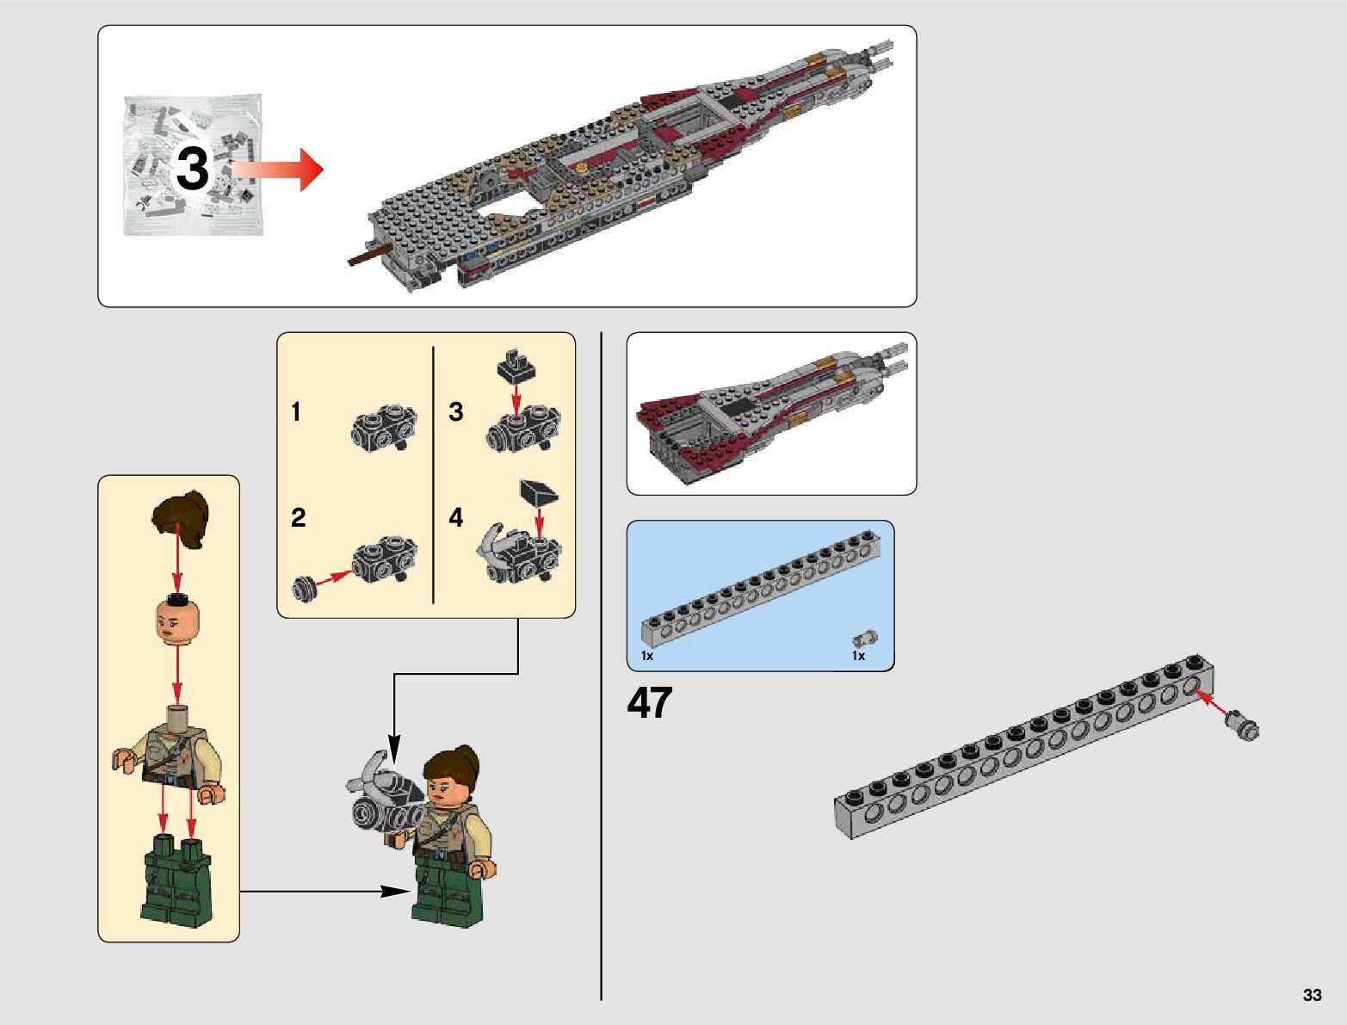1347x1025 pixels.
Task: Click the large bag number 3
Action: (x=192, y=168)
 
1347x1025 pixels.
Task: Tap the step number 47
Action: (x=650, y=704)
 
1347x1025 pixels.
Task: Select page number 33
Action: (x=1312, y=995)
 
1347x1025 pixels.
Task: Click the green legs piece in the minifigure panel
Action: (x=176, y=877)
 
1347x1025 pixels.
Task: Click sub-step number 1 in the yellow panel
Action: (x=296, y=412)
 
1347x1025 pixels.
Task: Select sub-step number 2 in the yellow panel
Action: (x=298, y=518)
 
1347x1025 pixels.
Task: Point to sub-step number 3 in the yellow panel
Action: (x=456, y=412)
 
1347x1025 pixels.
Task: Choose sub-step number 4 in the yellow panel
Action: (x=456, y=518)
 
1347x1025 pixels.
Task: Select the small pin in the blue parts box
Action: (x=865, y=638)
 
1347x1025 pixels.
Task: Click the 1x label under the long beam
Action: (x=647, y=656)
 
